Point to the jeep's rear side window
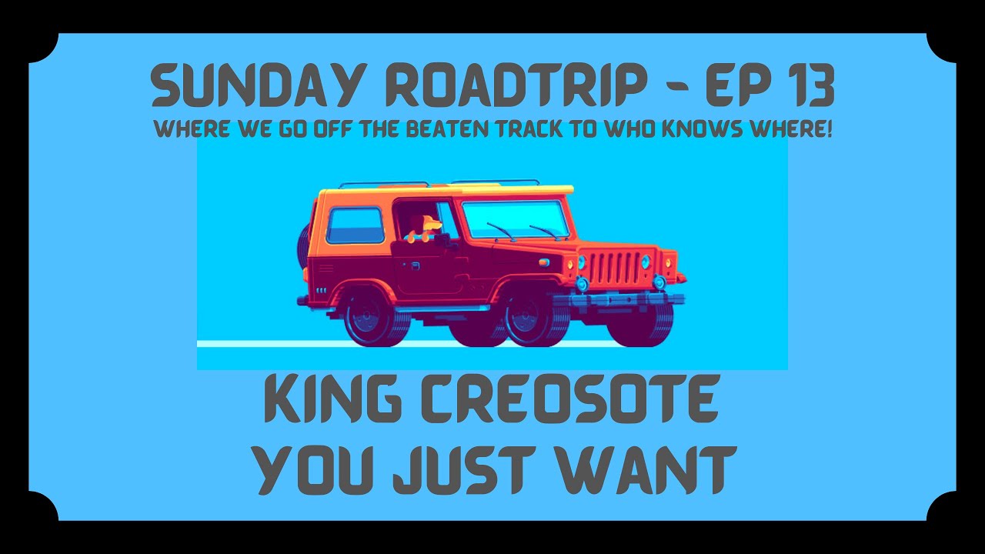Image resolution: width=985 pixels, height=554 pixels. click(355, 225)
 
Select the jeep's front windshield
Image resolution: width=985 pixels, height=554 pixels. click(514, 219)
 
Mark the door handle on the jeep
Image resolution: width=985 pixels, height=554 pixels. click(416, 266)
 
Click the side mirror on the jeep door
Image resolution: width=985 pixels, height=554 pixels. click(445, 240)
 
